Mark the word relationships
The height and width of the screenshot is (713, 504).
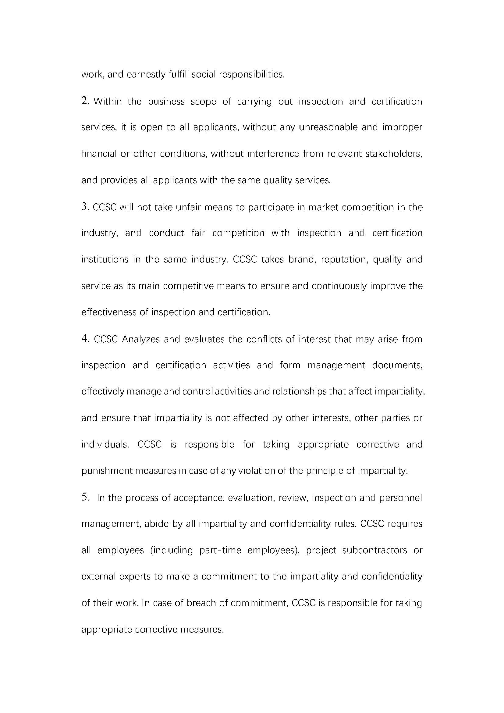(x=299, y=392)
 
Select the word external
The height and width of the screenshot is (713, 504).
(x=98, y=577)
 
